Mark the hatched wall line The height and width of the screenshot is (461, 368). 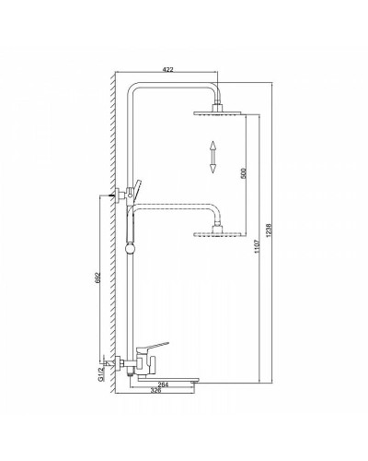click(x=111, y=230)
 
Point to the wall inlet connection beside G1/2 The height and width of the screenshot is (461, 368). click(x=114, y=363)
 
